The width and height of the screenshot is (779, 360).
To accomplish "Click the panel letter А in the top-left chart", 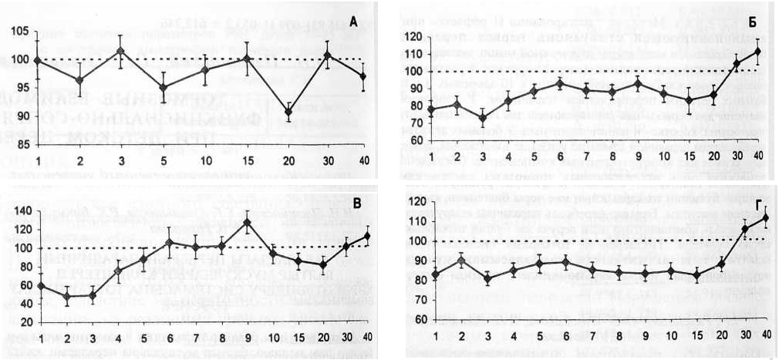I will point(353,22).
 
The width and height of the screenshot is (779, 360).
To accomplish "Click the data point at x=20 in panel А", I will point(288,112).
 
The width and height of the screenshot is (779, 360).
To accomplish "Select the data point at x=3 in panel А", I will point(120,51).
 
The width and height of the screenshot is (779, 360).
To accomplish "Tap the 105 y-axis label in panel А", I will point(20,32).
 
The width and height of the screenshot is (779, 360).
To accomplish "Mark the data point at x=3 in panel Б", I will point(483,118).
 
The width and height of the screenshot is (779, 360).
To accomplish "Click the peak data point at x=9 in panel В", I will point(247,222).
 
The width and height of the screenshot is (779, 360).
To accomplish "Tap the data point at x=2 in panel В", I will point(67,295).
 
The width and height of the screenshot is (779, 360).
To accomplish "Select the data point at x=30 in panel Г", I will point(744,229).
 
